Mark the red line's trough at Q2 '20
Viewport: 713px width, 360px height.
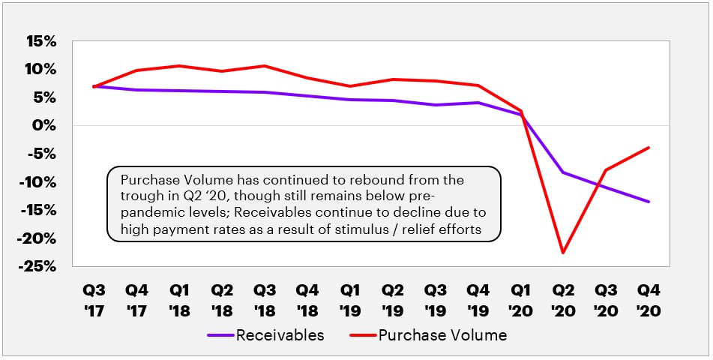pos(562,253)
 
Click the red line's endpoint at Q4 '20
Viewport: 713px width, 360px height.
pos(649,148)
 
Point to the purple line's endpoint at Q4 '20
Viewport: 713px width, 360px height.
pos(649,202)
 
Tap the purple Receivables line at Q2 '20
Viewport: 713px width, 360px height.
pos(562,172)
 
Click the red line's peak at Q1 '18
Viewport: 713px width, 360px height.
pos(178,66)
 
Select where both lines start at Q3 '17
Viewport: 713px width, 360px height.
pos(94,86)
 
